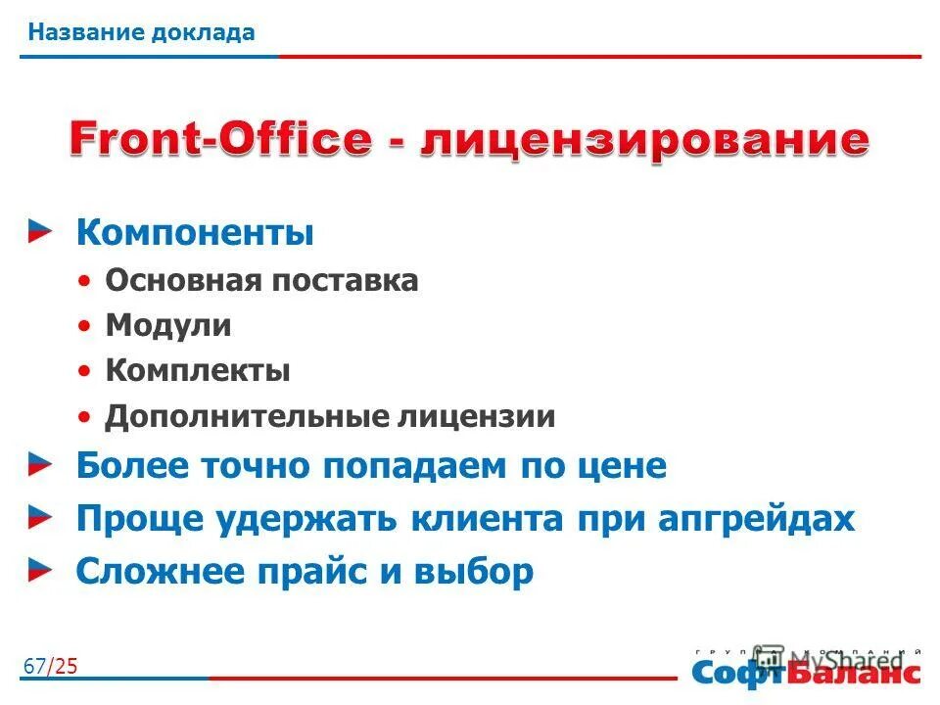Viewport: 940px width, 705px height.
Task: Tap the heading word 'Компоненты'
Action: tap(195, 234)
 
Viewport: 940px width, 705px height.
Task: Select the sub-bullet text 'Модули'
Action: tap(168, 326)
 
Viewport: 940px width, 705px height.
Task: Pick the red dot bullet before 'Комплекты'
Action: tap(87, 372)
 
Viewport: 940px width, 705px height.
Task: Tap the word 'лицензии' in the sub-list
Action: tap(476, 417)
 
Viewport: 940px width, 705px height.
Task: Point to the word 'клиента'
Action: tap(495, 519)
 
